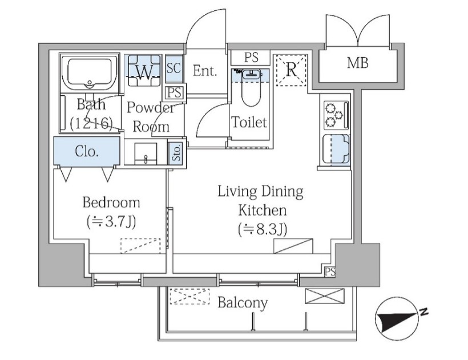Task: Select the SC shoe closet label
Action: (x=174, y=68)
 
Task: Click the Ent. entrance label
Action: (x=204, y=71)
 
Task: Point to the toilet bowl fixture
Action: (x=251, y=88)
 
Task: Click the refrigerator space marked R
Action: (x=291, y=70)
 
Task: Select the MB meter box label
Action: (x=358, y=63)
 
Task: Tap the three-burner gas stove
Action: (x=336, y=115)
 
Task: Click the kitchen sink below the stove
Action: (x=336, y=149)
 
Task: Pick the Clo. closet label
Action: (x=87, y=151)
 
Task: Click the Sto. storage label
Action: (x=177, y=152)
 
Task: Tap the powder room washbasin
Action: (x=146, y=153)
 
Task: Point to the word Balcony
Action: (x=243, y=303)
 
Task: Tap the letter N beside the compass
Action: (x=423, y=312)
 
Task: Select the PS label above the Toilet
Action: (x=251, y=58)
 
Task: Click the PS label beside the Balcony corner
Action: (x=330, y=272)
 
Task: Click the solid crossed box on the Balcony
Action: (x=324, y=296)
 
